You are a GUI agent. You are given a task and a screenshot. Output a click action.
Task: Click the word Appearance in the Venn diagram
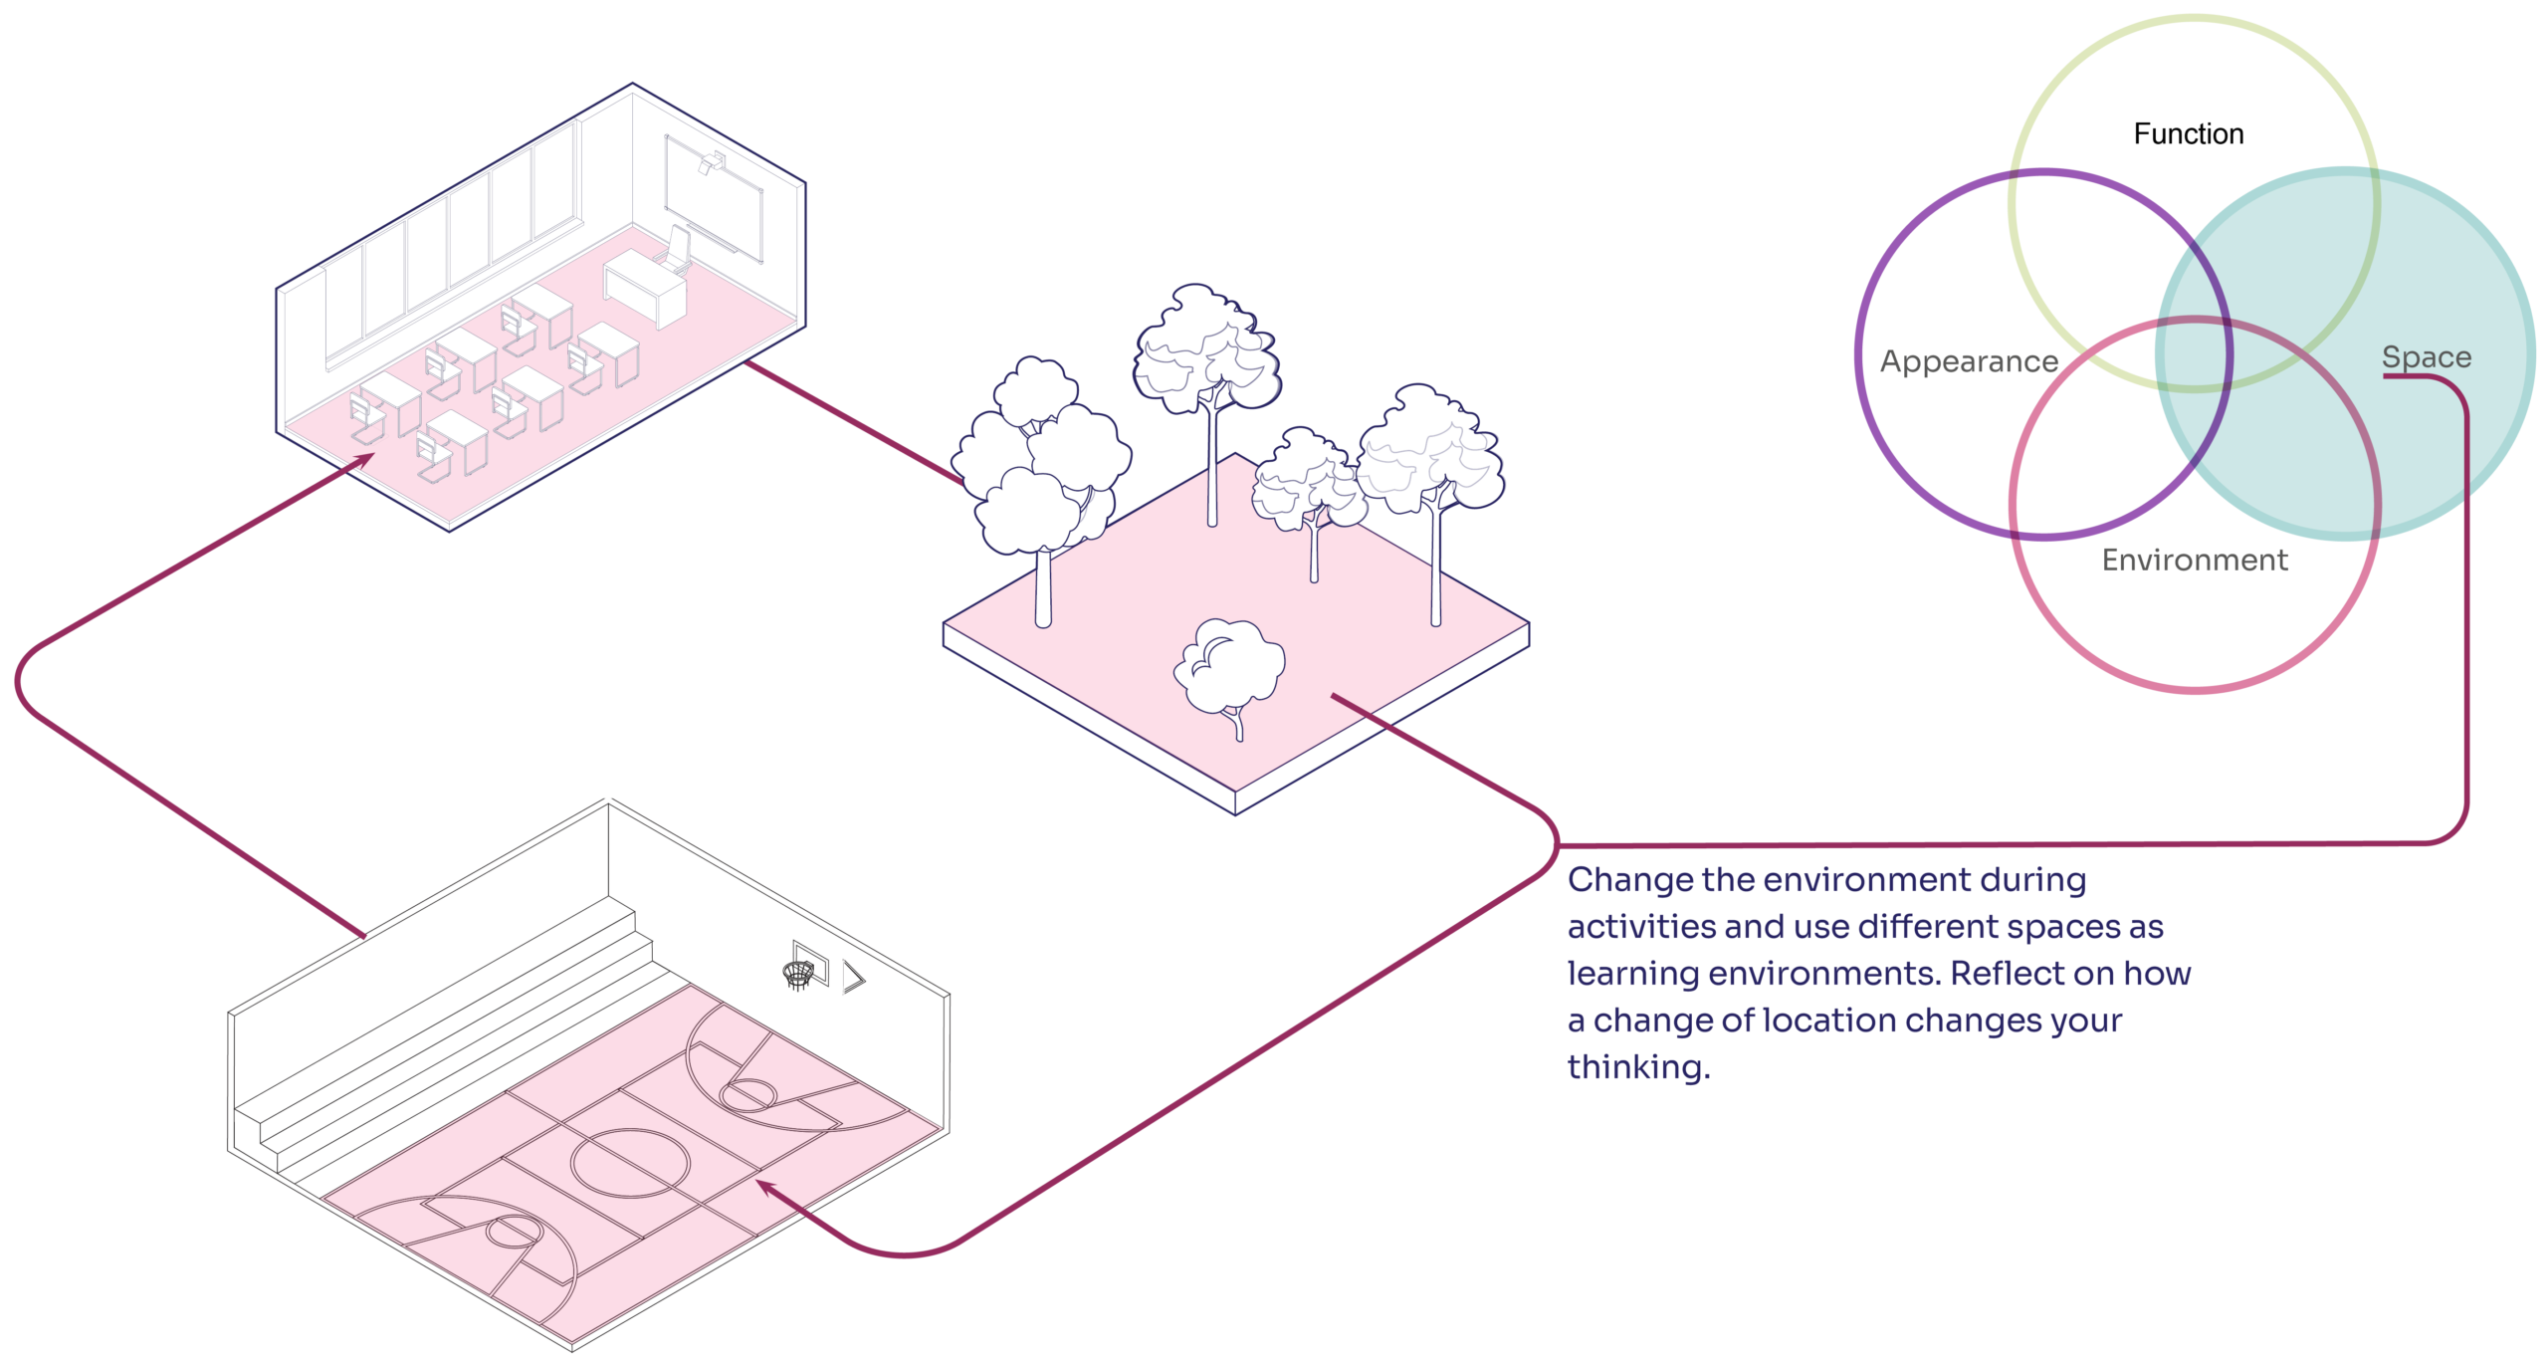(x=1968, y=361)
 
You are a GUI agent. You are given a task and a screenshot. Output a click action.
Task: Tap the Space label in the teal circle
(x=2427, y=357)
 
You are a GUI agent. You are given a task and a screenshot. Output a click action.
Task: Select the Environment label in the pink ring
(x=2195, y=561)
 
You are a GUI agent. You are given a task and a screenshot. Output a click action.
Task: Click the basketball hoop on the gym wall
(x=797, y=973)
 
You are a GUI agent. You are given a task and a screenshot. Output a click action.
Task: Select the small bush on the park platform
(x=1229, y=667)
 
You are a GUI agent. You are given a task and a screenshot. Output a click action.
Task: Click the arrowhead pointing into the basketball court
(x=766, y=1186)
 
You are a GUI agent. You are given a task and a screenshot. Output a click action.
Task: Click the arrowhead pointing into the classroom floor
(x=366, y=459)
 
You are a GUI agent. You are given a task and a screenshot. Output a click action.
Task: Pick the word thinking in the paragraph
(x=1637, y=1067)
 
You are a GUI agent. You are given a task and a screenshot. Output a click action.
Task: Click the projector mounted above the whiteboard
(x=714, y=160)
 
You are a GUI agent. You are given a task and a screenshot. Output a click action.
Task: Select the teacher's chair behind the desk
(x=677, y=246)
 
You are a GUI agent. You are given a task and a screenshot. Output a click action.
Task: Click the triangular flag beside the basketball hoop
(x=854, y=977)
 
